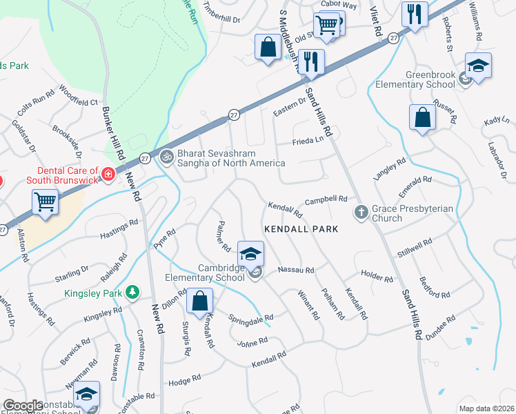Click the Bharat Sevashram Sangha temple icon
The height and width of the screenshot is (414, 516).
(x=166, y=157)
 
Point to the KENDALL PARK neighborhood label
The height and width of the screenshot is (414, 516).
(x=301, y=228)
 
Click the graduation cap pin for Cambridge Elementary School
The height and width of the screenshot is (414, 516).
(x=250, y=253)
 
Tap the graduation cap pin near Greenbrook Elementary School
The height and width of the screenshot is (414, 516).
(x=478, y=66)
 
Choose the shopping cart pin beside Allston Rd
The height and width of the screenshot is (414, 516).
(x=45, y=203)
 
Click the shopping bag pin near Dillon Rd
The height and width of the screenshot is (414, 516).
(x=199, y=302)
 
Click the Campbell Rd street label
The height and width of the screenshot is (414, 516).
(x=326, y=199)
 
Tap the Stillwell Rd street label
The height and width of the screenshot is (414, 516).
(x=414, y=249)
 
